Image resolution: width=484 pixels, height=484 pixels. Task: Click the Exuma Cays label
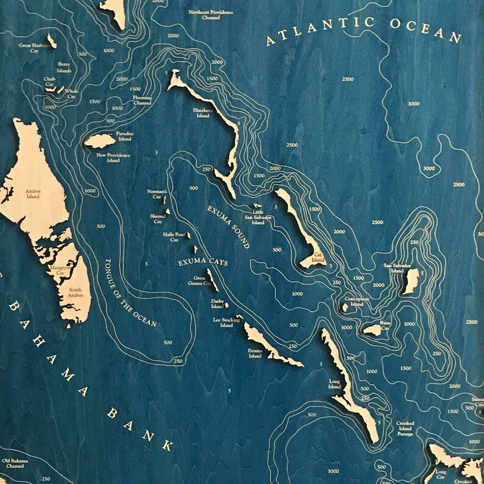[202, 263]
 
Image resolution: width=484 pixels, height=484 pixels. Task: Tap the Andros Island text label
[32, 194]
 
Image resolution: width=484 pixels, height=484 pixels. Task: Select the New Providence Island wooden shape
[99, 141]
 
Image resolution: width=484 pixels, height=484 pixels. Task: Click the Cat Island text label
[318, 261]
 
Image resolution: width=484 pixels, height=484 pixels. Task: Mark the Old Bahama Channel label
[13, 464]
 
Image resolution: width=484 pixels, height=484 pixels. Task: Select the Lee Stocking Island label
[223, 322]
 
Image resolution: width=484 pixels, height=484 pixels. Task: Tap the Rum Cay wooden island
[372, 330]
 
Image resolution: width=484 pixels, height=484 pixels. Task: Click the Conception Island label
[357, 302]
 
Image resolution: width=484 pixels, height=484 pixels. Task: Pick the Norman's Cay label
[156, 194]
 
